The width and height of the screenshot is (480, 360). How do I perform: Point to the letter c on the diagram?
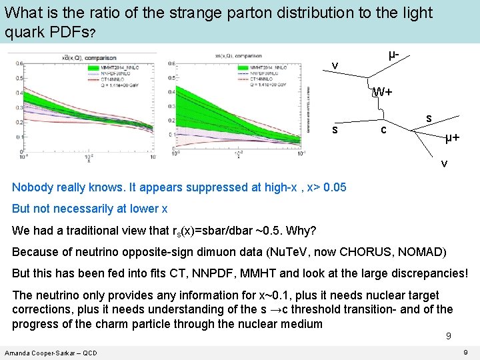383,129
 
